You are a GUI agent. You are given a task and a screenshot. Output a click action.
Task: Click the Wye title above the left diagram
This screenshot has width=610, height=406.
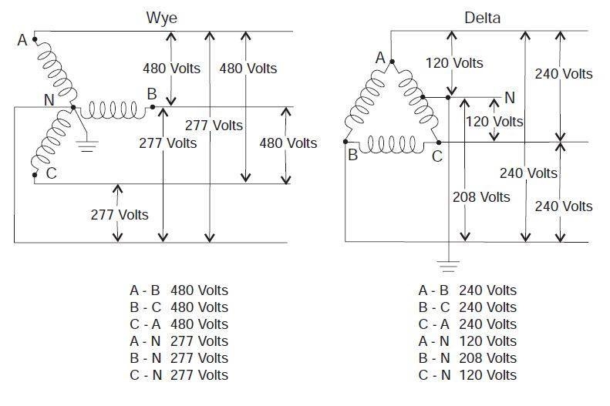pyautogui.click(x=157, y=16)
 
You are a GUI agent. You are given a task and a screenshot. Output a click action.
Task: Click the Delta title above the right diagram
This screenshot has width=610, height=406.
pyautogui.click(x=482, y=17)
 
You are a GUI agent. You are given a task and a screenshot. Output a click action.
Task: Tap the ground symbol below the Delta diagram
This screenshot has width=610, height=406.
pyautogui.click(x=447, y=267)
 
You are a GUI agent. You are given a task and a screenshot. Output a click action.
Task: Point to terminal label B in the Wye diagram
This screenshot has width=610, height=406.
pyautogui.click(x=152, y=94)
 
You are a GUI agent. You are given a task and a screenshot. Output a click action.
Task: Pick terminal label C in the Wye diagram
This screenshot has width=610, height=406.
pyautogui.click(x=51, y=173)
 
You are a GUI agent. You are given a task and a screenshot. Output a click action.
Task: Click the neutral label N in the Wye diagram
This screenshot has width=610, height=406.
pyautogui.click(x=49, y=99)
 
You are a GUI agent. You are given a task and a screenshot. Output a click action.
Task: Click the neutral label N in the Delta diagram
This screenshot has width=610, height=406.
pyautogui.click(x=509, y=98)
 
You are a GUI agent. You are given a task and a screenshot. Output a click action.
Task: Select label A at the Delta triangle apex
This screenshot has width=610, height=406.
pyautogui.click(x=380, y=58)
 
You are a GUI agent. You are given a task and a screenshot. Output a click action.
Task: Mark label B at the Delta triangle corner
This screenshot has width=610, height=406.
pyautogui.click(x=352, y=154)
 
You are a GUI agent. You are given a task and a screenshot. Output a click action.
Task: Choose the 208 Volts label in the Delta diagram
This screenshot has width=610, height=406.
pyautogui.click(x=481, y=197)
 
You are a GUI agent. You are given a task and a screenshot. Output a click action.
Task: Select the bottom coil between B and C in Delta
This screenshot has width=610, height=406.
pyautogui.click(x=393, y=143)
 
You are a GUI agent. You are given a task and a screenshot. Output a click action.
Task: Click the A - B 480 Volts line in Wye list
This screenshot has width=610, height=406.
pyautogui.click(x=179, y=290)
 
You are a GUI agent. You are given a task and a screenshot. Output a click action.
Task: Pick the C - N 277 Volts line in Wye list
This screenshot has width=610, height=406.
pyautogui.click(x=179, y=375)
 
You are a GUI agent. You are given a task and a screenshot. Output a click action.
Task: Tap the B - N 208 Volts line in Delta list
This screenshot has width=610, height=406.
pyautogui.click(x=467, y=358)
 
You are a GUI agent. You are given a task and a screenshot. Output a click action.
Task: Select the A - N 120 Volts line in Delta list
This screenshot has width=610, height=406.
pyautogui.click(x=467, y=341)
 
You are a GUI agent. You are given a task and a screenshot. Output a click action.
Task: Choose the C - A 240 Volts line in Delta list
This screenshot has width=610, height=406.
pyautogui.click(x=467, y=324)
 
